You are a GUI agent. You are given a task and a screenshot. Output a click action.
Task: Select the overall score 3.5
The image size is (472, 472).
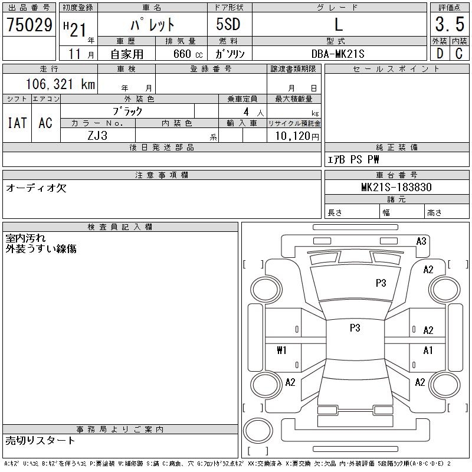(x=449, y=25)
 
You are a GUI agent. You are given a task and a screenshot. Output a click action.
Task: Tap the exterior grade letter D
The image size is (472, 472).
(x=439, y=54)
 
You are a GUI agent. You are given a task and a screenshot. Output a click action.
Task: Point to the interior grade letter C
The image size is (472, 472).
(x=458, y=54)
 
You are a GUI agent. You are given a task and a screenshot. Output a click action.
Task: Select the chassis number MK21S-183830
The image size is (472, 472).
(x=396, y=188)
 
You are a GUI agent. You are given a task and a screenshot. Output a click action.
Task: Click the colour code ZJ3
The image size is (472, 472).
(x=97, y=135)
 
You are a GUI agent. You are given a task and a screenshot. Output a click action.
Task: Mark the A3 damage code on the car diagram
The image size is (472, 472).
(x=421, y=241)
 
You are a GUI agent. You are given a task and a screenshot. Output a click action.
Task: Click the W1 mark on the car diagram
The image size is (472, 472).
(x=281, y=350)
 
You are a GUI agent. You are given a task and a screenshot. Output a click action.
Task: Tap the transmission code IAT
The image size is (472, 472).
(x=17, y=123)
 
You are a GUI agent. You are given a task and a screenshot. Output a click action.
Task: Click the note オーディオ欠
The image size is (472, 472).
(x=36, y=188)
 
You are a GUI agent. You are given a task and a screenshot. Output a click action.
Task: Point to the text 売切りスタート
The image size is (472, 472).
(x=41, y=441)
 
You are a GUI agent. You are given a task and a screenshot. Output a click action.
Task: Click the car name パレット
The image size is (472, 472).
(x=152, y=25)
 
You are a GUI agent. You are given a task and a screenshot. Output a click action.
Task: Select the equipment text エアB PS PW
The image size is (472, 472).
(x=353, y=159)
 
